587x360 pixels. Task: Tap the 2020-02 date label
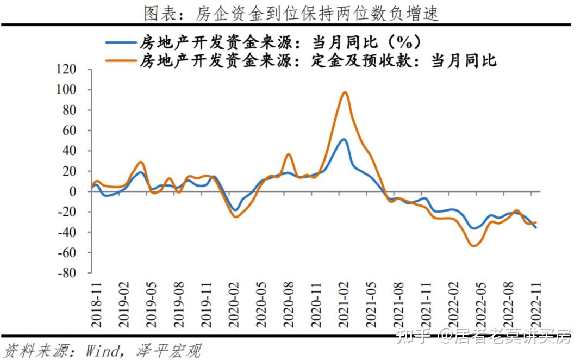[234, 305]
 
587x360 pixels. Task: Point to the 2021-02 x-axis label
[344, 305]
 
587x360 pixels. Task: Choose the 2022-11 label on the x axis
[536, 305]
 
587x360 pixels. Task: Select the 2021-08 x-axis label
[399, 305]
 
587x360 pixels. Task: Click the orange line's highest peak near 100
[345, 92]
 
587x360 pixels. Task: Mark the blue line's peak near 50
[344, 139]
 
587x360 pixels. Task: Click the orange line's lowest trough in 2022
[474, 246]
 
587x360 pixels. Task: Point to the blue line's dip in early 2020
[235, 210]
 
